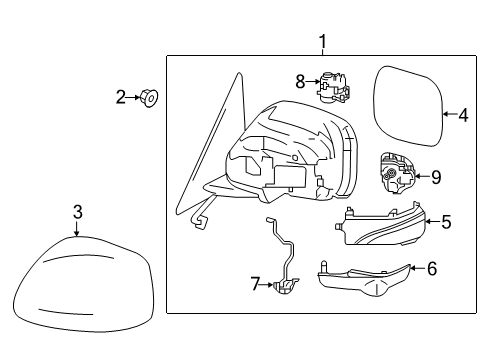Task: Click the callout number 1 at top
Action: point(322,41)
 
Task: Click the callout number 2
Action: point(121,97)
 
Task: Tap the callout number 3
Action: point(78,211)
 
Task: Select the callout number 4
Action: point(463,115)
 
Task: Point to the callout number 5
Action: point(446,222)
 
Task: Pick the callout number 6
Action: point(432,269)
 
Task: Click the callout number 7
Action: point(254,286)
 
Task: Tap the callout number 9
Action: point(435,177)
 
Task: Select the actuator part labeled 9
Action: point(397,176)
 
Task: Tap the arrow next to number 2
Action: point(135,97)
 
